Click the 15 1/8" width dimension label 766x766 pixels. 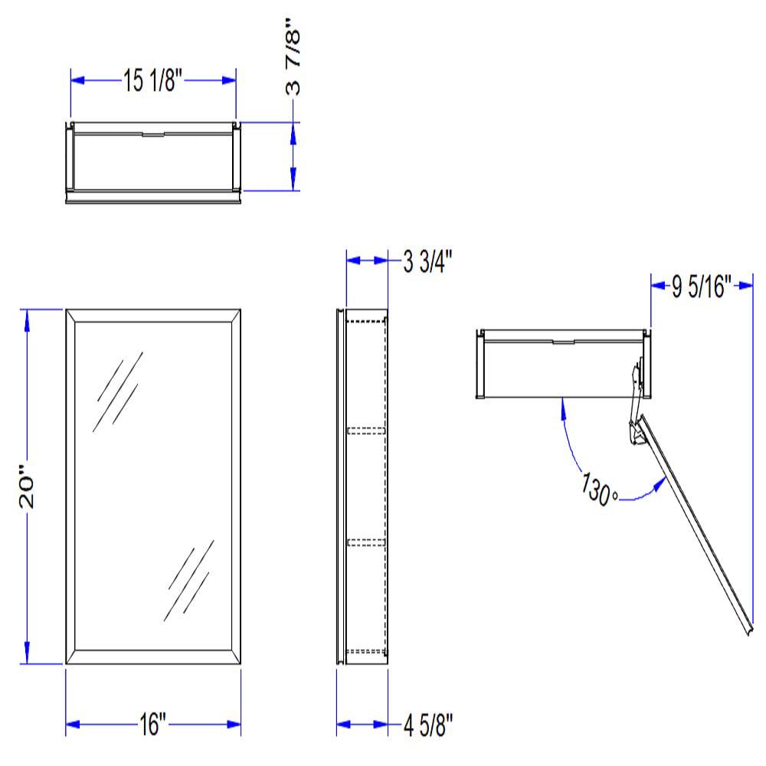[x=152, y=80]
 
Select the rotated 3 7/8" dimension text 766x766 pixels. [x=293, y=57]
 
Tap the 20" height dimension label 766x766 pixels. [x=28, y=486]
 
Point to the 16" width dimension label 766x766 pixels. [x=153, y=724]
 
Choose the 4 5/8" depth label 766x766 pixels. [x=428, y=725]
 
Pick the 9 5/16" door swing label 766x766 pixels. [x=702, y=286]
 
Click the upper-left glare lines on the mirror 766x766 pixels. [x=118, y=391]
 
